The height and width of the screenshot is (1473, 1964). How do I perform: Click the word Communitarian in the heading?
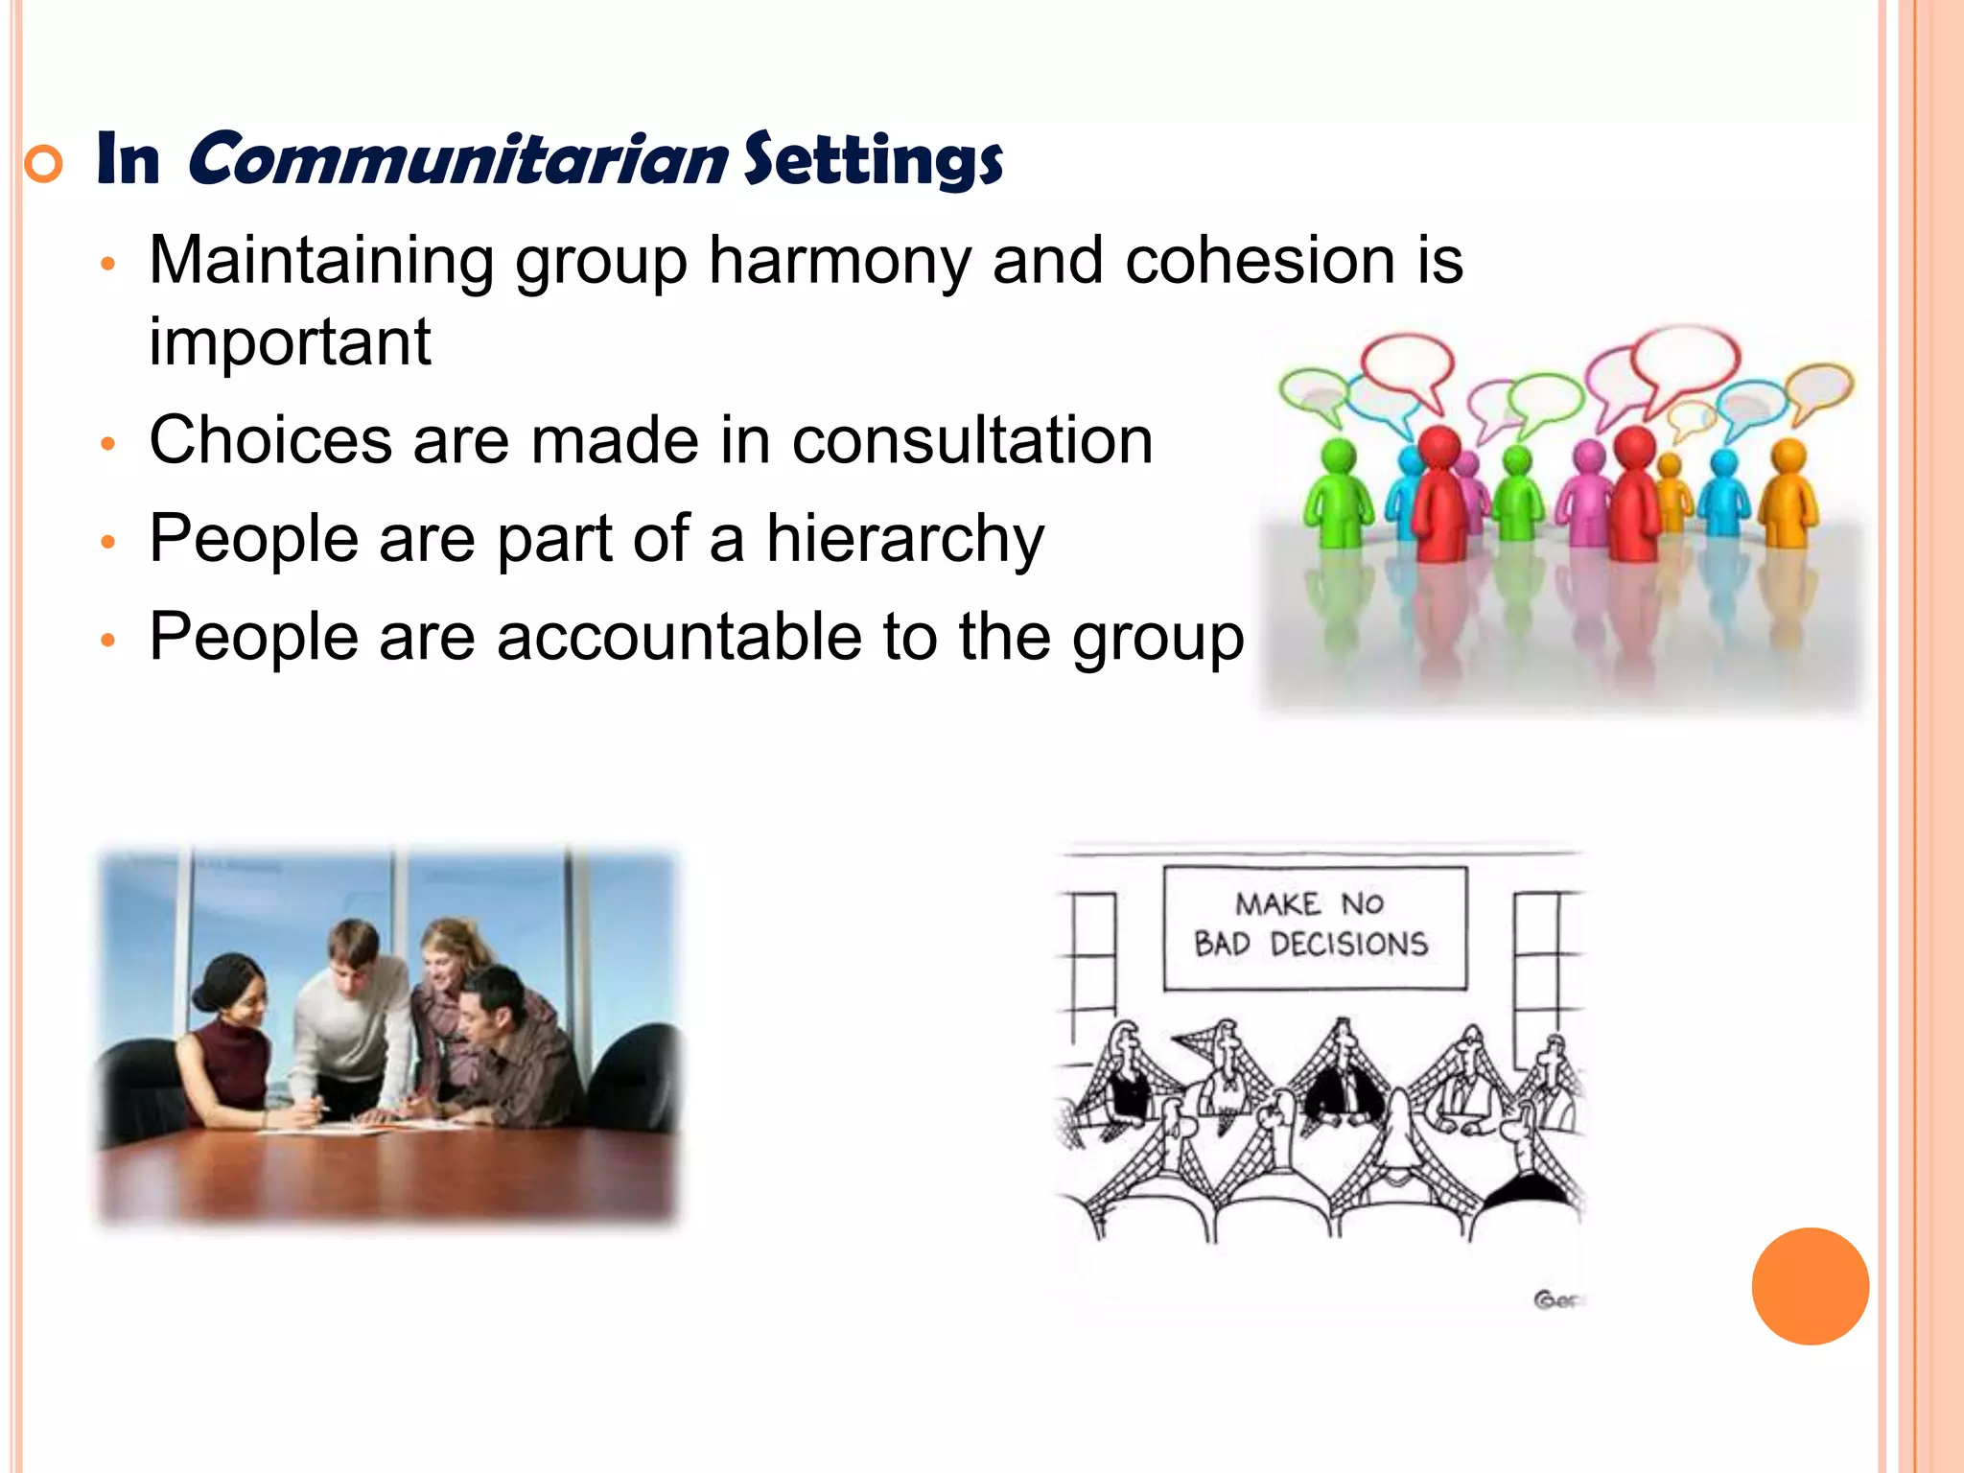click(458, 158)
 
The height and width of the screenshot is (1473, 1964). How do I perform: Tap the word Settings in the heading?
click(873, 160)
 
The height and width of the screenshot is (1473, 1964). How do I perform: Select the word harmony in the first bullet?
click(839, 260)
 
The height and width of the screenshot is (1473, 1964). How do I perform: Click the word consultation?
click(971, 440)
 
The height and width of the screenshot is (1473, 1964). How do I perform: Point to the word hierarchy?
click(904, 539)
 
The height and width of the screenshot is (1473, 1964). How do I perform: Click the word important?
click(290, 341)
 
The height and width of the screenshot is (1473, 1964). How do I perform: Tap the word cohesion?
click(1259, 260)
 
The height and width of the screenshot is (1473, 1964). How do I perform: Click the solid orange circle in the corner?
click(1810, 1286)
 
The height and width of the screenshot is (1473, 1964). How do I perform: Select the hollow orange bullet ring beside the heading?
click(43, 165)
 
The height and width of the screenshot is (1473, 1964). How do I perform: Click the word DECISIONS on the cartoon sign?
click(1348, 945)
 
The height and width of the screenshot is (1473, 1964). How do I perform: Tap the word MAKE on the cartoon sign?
click(1277, 903)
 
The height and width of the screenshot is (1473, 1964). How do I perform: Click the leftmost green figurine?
click(1339, 494)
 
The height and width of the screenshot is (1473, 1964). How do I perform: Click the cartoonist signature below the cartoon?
click(1555, 1300)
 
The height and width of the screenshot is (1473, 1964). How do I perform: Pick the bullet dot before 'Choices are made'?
click(108, 444)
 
